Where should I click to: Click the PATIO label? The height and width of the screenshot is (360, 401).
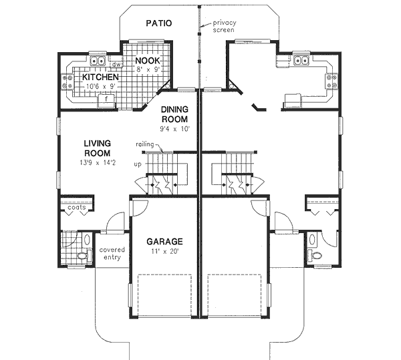coord(159,23)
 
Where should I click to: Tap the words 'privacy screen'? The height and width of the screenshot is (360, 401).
coord(225,26)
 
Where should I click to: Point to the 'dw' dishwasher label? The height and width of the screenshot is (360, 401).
coord(116,65)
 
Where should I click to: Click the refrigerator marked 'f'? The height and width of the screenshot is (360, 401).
coord(106,99)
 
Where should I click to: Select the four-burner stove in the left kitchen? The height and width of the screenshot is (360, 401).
coord(67,82)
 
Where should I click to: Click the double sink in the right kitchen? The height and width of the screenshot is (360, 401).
coord(301,61)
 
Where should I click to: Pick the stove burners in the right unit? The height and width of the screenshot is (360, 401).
coord(330,81)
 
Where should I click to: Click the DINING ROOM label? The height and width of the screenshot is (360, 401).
coord(174,114)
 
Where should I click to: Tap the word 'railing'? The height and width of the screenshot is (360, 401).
coord(145,144)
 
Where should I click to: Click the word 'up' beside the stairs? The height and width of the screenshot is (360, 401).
coord(138,163)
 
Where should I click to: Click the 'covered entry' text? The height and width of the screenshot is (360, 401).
coord(112,254)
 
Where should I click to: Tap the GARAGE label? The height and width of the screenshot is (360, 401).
coord(165,241)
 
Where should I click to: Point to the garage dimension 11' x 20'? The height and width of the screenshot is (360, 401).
coord(164,252)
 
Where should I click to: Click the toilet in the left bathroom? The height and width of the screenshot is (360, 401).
coord(82,255)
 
